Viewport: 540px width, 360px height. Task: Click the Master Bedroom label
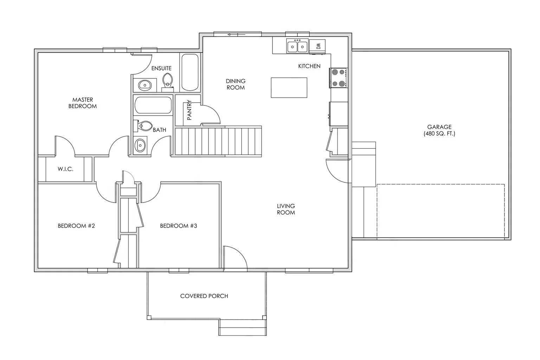[82, 103]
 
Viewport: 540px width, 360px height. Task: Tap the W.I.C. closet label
[65, 169]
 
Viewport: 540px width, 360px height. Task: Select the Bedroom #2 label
[76, 226]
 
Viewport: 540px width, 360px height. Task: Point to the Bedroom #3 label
[179, 226]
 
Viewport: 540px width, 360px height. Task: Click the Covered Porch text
[204, 296]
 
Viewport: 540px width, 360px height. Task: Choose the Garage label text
[439, 130]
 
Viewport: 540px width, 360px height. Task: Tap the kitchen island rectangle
[289, 88]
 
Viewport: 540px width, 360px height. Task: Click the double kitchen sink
[297, 46]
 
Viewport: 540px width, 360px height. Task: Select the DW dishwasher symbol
[318, 46]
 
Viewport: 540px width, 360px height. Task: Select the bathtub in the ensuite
[190, 72]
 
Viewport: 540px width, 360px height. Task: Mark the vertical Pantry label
[189, 110]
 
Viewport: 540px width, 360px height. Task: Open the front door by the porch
[235, 258]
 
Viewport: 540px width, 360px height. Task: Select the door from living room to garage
[338, 171]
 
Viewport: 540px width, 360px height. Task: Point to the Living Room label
[285, 209]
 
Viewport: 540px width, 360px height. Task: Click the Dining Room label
[236, 84]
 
